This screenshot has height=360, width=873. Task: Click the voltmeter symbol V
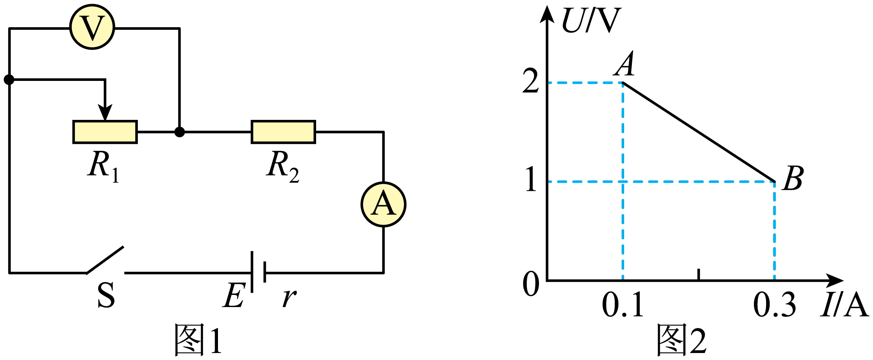tap(92, 27)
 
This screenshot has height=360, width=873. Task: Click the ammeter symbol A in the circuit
tap(383, 204)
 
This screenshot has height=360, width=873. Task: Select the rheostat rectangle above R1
tap(105, 132)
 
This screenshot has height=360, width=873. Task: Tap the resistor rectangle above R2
tap(283, 132)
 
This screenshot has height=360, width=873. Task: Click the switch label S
tap(106, 295)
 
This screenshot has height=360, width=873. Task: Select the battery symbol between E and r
tap(258, 272)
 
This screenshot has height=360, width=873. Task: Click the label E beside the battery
tap(234, 295)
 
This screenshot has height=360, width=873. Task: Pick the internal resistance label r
tap(290, 298)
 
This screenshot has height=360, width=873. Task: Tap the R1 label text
tap(104, 167)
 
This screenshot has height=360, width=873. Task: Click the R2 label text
tap(282, 167)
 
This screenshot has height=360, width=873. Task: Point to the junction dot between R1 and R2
tap(179, 132)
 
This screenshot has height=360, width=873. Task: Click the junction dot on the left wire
tap(9, 79)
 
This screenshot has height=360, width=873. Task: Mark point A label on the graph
tap(624, 64)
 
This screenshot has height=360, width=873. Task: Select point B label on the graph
tap(793, 178)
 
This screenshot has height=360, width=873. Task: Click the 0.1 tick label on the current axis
tap(623, 304)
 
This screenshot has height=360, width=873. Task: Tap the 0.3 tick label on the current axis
tap(774, 304)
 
